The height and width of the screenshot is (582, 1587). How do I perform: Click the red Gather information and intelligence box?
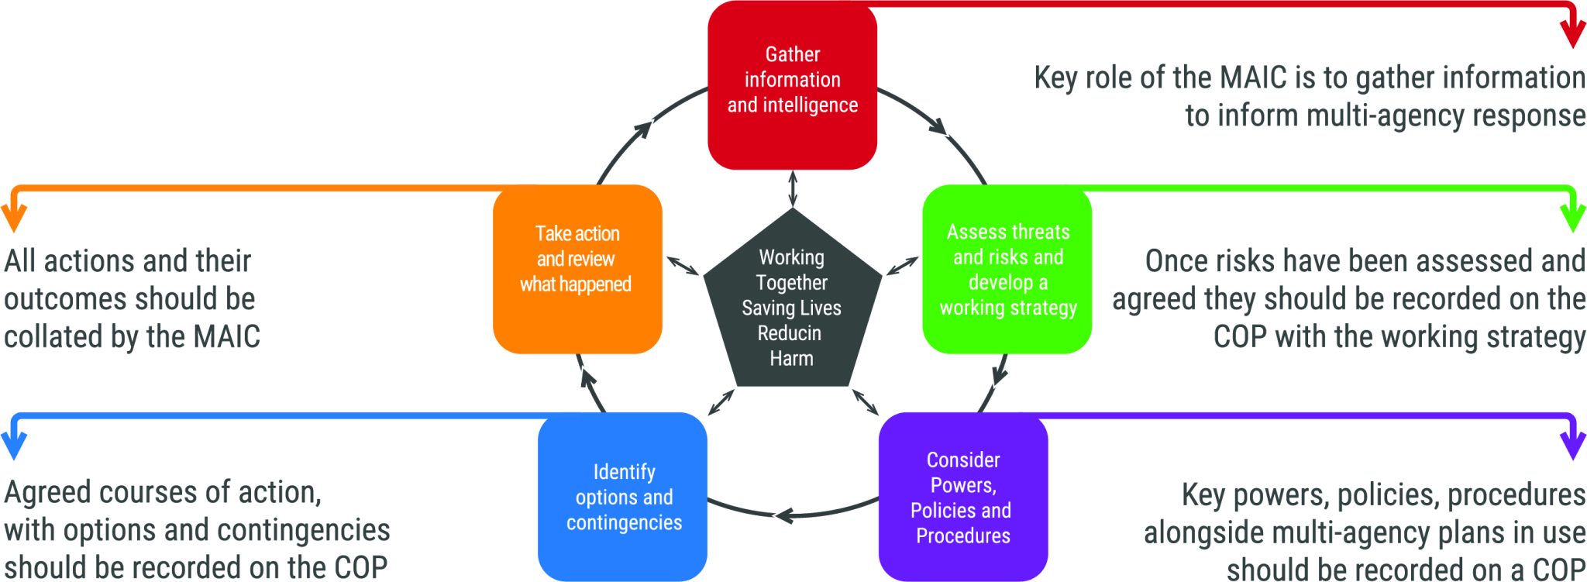(792, 84)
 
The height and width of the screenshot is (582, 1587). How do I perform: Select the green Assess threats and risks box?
(1007, 269)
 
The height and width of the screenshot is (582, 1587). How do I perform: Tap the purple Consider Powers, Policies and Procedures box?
(963, 497)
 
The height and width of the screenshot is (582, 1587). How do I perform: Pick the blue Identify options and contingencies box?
(622, 497)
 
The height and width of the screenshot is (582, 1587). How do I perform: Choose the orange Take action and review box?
(577, 269)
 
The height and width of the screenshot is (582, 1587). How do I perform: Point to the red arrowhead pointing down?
(1572, 35)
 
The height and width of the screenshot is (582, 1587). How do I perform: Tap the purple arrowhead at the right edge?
(1572, 446)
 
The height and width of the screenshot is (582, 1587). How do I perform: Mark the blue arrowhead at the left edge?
(14, 446)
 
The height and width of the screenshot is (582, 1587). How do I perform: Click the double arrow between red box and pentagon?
(792, 188)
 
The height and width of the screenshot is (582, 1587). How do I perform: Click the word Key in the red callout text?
(1055, 78)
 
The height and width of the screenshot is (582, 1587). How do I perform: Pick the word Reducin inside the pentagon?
(789, 333)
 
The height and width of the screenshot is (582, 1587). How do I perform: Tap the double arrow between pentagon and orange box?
(683, 265)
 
